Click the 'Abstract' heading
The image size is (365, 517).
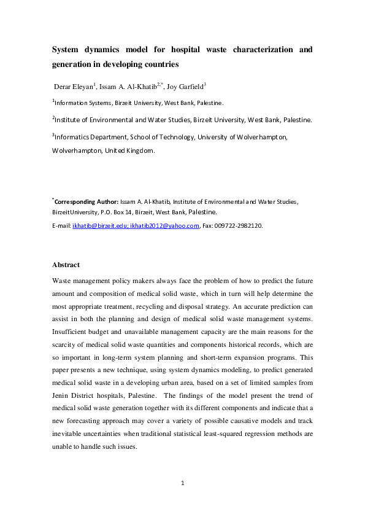66,265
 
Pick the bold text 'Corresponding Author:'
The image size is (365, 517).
84,201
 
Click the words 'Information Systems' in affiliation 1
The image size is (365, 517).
84,103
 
